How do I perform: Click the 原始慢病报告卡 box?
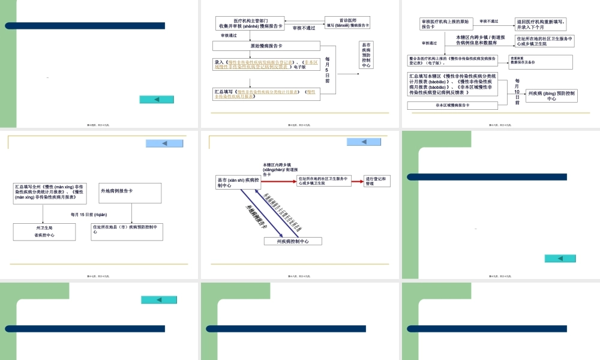266,46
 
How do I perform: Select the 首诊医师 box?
347,23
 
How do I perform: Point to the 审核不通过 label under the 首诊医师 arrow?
304,28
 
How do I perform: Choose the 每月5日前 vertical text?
328,69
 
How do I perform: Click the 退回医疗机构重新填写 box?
541,24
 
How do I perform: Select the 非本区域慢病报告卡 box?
452,105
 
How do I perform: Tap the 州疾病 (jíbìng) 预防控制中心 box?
551,95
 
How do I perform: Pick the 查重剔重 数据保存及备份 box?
541,61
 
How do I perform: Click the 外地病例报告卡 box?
130,193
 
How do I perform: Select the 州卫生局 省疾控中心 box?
44,232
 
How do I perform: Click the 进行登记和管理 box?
377,181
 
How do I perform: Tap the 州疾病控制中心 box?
293,241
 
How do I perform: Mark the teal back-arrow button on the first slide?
157,100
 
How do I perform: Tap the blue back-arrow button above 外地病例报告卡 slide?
165,143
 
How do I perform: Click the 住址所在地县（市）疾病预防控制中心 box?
127,232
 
